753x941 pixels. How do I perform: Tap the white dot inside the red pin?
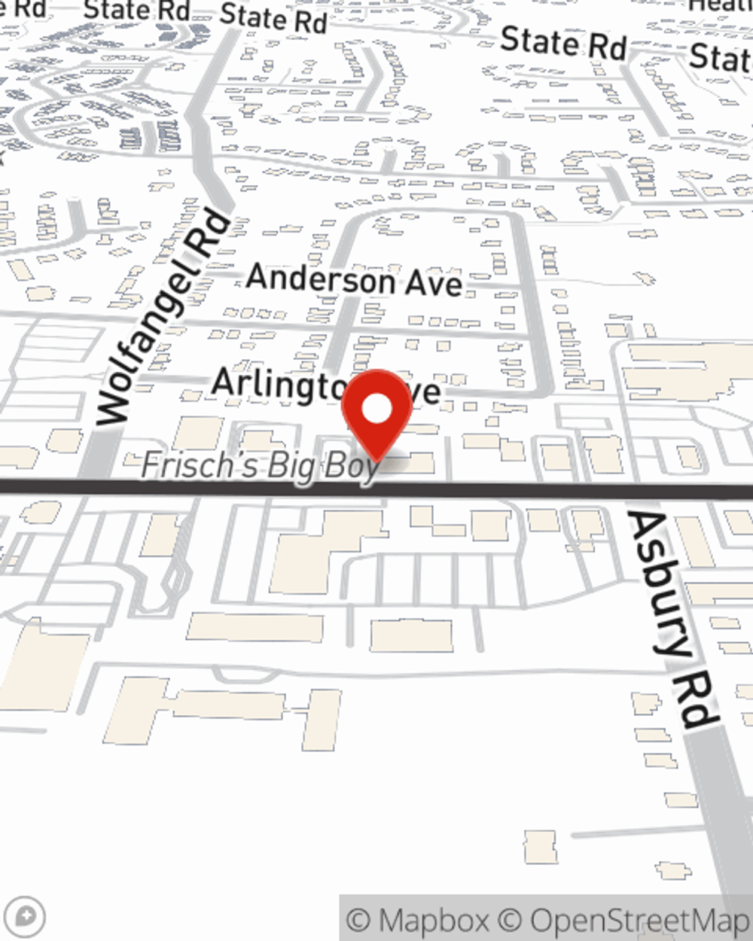tap(377, 410)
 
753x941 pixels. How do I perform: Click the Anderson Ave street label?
tap(354, 280)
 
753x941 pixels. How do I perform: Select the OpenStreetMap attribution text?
tap(639, 921)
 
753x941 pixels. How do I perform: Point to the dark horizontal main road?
tap(527, 491)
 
